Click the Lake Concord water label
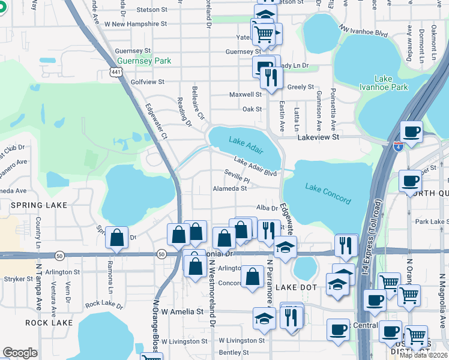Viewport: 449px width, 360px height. (x=328, y=193)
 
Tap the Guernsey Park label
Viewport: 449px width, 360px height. (x=145, y=61)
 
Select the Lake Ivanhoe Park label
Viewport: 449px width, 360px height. (x=391, y=83)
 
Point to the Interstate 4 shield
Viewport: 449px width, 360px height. (x=398, y=146)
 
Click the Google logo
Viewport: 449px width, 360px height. (x=20, y=353)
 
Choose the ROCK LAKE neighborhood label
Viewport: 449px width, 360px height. (x=49, y=323)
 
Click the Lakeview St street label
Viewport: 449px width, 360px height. (x=319, y=137)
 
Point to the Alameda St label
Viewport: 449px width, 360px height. (x=230, y=188)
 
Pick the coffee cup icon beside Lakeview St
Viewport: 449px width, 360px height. (x=411, y=132)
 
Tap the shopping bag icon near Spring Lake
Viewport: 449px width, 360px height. (x=116, y=237)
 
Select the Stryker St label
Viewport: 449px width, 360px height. (x=17, y=279)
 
